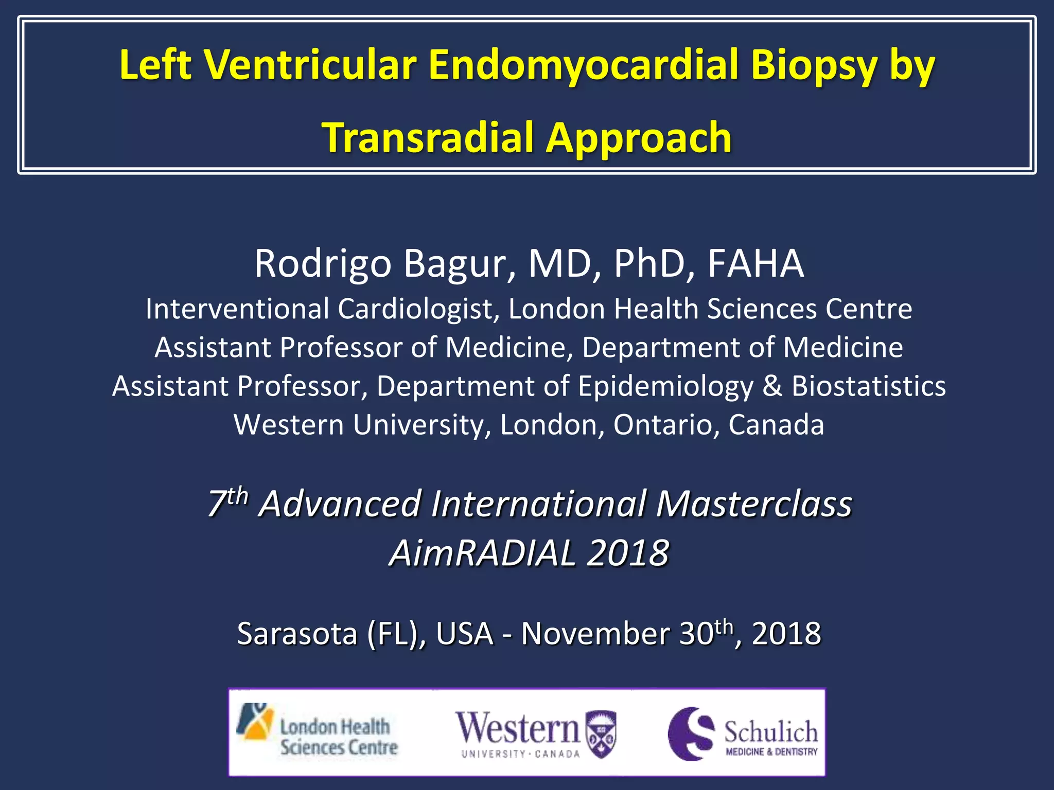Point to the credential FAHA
click(x=756, y=264)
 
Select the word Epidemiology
click(x=665, y=387)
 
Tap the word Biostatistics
click(x=868, y=386)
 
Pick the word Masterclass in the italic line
click(x=754, y=504)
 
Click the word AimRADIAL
click(x=482, y=553)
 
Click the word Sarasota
click(x=297, y=634)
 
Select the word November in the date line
click(x=595, y=634)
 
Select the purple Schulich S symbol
click(x=691, y=733)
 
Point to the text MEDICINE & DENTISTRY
click(x=771, y=752)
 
